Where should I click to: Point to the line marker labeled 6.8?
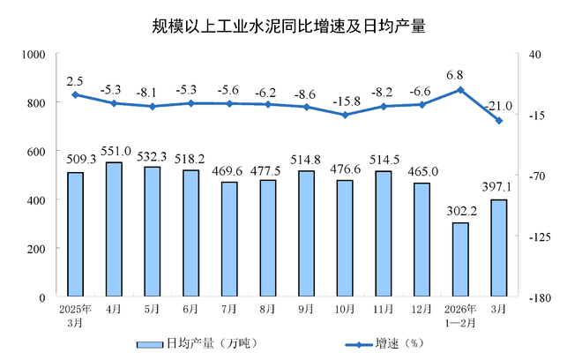point(459,89)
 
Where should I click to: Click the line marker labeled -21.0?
point(498,121)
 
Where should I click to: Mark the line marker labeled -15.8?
point(345,115)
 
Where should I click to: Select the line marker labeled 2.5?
point(75,94)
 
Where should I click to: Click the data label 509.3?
point(75,161)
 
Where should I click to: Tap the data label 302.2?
point(459,212)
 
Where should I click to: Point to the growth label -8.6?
point(306,93)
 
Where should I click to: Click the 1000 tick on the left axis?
point(33,55)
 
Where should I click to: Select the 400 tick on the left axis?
point(36,200)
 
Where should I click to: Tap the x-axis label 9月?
point(306,311)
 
